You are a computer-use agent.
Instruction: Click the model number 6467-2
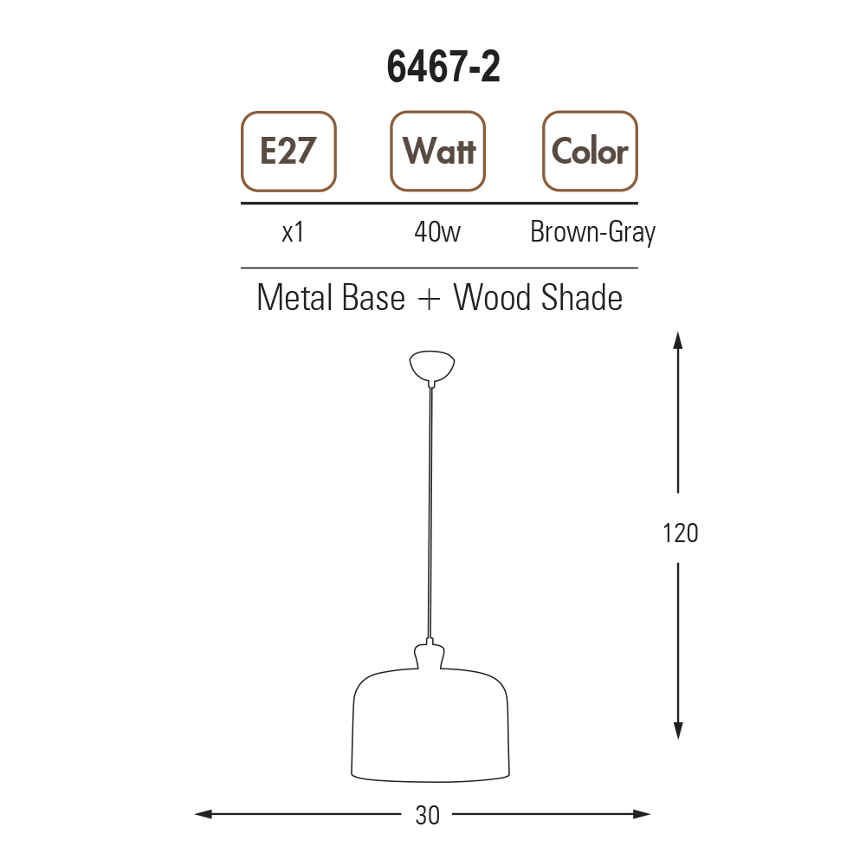443,67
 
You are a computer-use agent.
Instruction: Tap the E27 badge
288,152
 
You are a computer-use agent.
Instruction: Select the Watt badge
438,152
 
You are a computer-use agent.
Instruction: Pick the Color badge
590,152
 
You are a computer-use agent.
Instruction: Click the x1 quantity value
293,232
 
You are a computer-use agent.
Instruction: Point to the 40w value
436,232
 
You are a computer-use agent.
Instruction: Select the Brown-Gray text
592,233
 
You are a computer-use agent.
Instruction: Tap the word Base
373,298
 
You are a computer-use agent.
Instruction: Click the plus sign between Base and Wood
430,300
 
